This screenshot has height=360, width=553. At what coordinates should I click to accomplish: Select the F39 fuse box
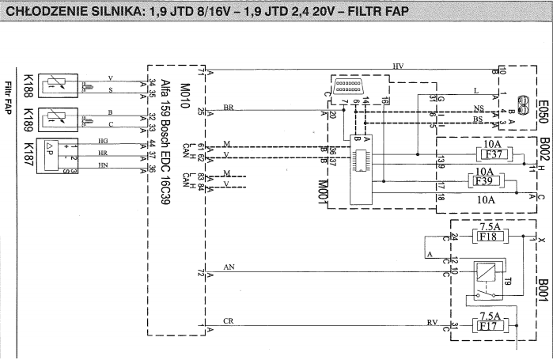[x=484, y=181]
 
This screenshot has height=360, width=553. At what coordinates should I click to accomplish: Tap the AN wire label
[x=230, y=267]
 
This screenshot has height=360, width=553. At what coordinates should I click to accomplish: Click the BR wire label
[x=228, y=106]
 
